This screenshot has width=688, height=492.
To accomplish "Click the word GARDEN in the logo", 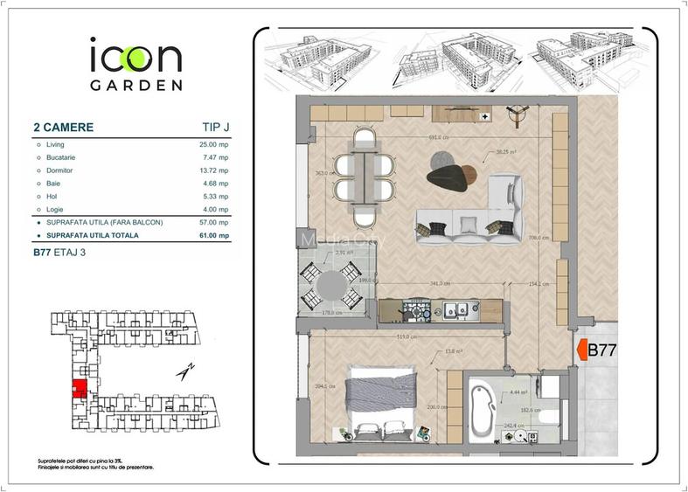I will point(136,86).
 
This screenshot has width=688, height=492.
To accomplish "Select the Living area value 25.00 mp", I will point(213,144).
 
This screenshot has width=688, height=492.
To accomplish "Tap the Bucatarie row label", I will point(61,157).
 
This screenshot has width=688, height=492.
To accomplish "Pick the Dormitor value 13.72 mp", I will point(213,170).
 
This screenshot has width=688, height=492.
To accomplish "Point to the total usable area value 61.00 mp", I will point(213,235).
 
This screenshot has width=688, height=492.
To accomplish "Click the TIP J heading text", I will point(210,128).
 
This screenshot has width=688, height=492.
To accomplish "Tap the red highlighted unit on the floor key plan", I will point(79,389).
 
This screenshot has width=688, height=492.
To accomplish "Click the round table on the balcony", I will point(331,286).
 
